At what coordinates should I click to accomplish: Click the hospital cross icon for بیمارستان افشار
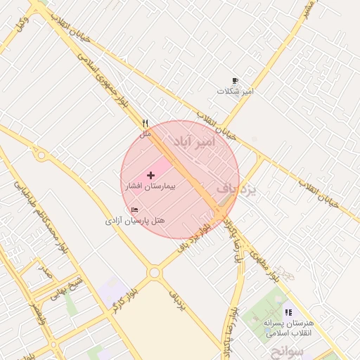[x=150, y=174]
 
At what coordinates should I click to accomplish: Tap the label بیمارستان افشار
[x=150, y=187]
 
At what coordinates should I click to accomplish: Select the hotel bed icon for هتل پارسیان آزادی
[x=135, y=210]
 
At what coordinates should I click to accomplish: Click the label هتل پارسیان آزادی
[x=135, y=221]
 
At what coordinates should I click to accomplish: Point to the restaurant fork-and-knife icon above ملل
[x=146, y=123]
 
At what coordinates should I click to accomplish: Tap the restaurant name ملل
[x=146, y=134]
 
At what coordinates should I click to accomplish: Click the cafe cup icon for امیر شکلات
[x=235, y=81]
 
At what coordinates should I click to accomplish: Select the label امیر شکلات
[x=235, y=91]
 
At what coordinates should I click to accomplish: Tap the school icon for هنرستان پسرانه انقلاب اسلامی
[x=288, y=312]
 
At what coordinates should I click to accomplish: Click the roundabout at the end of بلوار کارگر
[x=154, y=272]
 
